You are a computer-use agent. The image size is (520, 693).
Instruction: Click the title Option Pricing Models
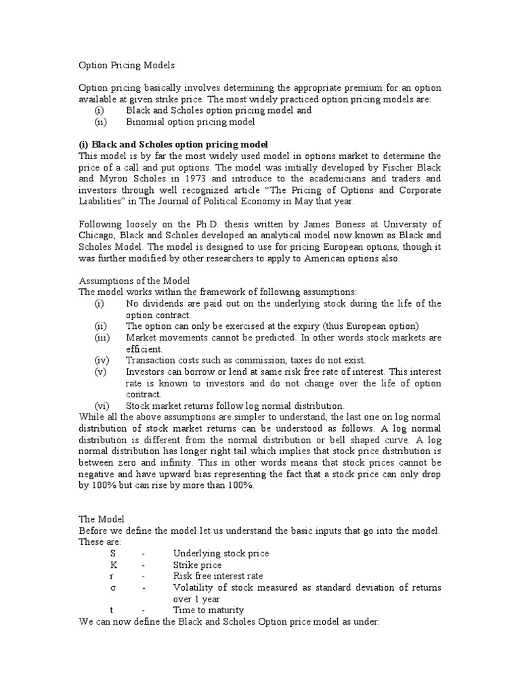[127, 65]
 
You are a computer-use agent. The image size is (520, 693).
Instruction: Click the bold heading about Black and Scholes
[173, 144]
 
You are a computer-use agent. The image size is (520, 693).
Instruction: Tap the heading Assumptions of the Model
[134, 281]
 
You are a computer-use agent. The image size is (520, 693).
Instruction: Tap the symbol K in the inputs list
[114, 565]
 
